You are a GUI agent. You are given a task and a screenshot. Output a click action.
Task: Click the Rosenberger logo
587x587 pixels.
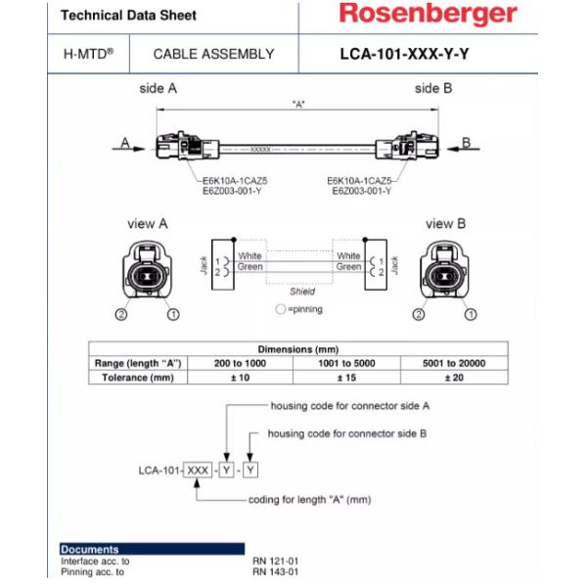tap(428, 15)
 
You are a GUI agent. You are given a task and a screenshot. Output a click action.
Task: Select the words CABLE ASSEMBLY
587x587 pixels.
tap(214, 55)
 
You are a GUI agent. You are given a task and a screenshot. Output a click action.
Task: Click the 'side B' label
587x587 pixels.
tap(432, 88)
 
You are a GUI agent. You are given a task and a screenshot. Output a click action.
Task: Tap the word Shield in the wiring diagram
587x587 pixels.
tap(302, 292)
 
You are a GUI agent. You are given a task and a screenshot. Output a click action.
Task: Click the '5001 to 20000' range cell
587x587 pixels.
tap(453, 363)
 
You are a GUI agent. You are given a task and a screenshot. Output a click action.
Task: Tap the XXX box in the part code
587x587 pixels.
tap(198, 471)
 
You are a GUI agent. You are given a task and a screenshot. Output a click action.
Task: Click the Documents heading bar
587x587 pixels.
tap(152, 549)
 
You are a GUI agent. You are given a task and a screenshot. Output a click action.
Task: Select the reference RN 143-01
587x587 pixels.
tap(275, 572)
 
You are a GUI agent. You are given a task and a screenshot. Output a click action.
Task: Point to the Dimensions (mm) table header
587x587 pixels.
tap(297, 349)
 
